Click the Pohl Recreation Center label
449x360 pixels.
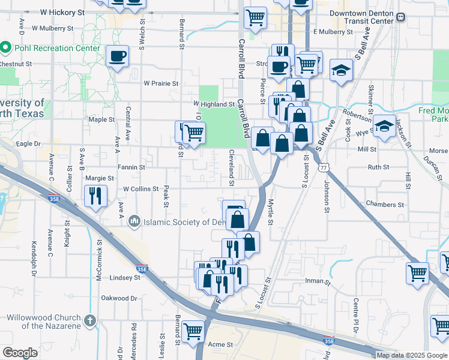[x=56, y=47]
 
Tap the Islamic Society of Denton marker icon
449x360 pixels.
[x=133, y=222]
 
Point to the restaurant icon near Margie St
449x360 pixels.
[x=95, y=195]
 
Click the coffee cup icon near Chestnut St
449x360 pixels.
[x=117, y=56]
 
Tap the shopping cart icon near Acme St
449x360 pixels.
[x=193, y=331]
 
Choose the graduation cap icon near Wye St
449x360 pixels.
[x=384, y=126]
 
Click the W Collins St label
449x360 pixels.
[x=141, y=189]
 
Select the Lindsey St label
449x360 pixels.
[x=125, y=278]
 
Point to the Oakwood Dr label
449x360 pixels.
[x=119, y=298]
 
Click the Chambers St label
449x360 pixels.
[x=385, y=205]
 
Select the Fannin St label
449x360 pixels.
[x=131, y=167]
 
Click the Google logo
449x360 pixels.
[x=20, y=352]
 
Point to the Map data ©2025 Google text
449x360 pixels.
[x=412, y=355]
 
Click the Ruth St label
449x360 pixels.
[x=378, y=167]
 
